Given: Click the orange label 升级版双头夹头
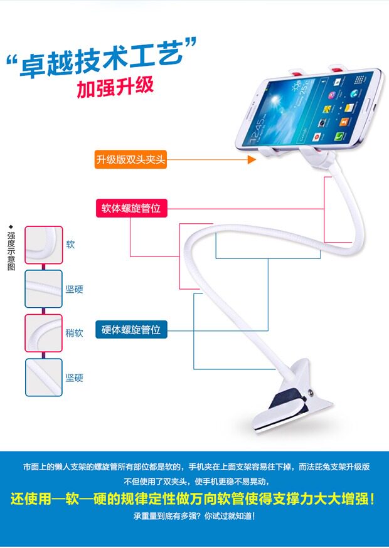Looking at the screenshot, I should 131,159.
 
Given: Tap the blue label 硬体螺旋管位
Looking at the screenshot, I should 131,329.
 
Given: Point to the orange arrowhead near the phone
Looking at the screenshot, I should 252,160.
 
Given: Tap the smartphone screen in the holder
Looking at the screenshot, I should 307,108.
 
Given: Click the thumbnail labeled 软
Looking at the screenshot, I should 43,245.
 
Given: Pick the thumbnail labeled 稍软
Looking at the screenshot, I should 43,333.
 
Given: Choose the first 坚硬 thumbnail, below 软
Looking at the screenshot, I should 43,289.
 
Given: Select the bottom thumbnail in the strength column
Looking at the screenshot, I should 43,377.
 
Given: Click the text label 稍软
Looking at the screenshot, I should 74,333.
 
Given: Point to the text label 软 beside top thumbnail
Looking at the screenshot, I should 70,245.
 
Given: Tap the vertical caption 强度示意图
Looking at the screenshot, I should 11,251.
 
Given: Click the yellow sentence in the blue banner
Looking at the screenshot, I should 194,500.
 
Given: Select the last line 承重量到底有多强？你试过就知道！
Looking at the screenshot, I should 194,517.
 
